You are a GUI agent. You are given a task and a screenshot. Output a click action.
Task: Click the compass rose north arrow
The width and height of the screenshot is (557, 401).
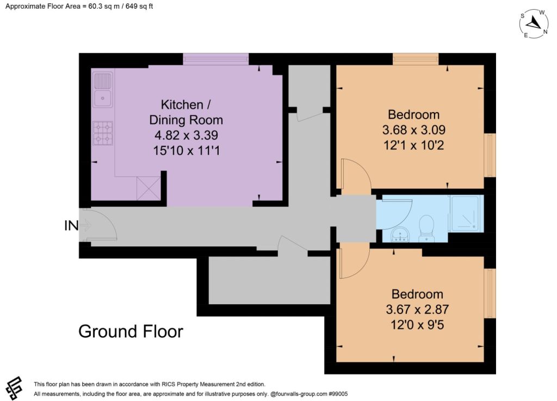click(534, 23)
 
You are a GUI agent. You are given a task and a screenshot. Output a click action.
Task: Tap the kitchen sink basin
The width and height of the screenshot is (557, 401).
click(103, 98)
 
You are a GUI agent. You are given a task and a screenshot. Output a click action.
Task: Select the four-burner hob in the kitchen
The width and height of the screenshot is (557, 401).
click(103, 133)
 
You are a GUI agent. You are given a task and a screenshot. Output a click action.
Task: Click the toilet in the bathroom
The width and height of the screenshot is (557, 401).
click(426, 229)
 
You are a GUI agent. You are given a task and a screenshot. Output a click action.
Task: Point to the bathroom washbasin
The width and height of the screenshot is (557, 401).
click(400, 235)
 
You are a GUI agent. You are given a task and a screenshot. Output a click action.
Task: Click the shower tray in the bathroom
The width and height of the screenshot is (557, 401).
click(466, 212)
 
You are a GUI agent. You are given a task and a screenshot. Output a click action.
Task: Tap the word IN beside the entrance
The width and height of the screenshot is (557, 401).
click(71, 225)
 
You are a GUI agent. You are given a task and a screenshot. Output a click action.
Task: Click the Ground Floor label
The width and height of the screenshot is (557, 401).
click(131, 331)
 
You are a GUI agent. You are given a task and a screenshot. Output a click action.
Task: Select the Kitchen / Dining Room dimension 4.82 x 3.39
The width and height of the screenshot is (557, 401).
click(186, 135)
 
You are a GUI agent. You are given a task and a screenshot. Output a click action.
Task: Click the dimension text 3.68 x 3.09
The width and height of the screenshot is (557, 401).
click(414, 129)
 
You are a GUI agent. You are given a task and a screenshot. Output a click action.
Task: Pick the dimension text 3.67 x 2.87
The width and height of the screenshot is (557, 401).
click(417, 309)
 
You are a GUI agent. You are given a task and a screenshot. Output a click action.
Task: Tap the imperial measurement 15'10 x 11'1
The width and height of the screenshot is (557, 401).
click(186, 151)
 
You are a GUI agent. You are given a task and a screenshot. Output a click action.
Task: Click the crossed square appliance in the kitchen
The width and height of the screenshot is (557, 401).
click(148, 188)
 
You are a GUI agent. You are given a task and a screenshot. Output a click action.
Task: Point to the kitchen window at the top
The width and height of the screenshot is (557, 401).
click(216, 59)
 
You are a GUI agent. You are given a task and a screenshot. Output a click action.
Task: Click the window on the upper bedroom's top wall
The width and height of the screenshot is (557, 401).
click(416, 59)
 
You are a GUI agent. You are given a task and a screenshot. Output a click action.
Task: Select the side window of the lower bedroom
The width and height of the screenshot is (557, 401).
click(490, 293)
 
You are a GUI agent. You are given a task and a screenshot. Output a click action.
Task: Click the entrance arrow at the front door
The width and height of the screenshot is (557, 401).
click(86, 225)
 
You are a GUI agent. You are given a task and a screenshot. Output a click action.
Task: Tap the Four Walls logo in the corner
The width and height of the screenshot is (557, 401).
click(14, 388)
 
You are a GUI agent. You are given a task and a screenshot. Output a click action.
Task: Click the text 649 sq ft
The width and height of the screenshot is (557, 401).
click(139, 6)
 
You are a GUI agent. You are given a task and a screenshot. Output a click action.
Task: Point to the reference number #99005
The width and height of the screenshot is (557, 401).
click(338, 394)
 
